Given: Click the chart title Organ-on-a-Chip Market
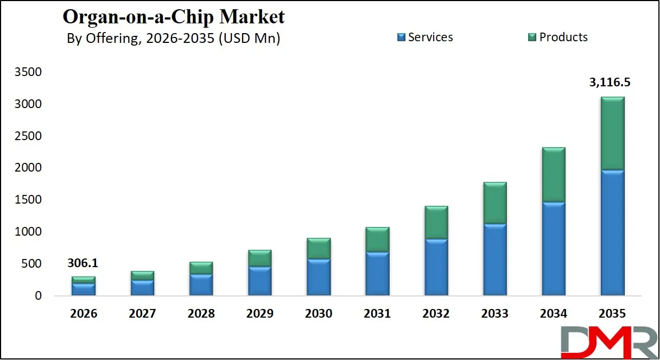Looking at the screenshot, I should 173,16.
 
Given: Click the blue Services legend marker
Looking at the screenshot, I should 401,37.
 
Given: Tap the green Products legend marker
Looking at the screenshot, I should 532,37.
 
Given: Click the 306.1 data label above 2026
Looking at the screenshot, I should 83,263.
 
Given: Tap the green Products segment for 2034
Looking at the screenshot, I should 553,174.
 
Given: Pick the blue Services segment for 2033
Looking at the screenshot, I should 494,260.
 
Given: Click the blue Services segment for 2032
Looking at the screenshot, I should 436,267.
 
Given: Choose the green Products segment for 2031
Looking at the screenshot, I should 377,239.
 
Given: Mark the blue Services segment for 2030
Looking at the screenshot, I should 319,277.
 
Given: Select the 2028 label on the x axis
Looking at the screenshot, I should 201,314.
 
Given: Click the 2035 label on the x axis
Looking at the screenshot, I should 612,314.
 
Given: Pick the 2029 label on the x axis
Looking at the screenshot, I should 259,314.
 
